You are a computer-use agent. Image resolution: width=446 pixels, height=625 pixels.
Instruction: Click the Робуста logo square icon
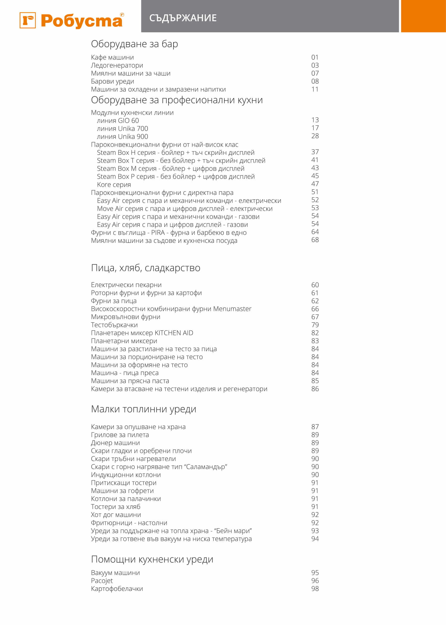28,20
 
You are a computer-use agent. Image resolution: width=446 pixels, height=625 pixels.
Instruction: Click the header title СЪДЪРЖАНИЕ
183,18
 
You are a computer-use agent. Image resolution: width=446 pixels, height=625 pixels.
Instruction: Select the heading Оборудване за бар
134,44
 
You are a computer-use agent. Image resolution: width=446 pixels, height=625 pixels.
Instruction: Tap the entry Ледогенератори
117,65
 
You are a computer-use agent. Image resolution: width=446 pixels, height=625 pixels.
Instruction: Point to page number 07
315,73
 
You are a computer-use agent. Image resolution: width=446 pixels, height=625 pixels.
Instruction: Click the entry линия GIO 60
118,120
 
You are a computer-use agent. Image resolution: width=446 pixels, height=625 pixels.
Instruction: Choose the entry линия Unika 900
122,136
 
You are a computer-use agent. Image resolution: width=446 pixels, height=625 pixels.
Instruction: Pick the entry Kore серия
114,184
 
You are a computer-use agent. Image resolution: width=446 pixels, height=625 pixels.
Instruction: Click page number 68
315,240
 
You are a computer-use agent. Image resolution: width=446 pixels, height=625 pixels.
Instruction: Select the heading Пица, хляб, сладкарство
146,268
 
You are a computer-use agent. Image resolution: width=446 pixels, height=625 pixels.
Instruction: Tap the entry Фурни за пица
114,301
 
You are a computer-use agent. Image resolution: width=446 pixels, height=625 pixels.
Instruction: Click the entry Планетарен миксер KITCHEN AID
142,333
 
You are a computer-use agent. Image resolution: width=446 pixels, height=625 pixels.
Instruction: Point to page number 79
315,325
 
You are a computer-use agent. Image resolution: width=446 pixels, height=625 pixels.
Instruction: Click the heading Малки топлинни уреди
144,409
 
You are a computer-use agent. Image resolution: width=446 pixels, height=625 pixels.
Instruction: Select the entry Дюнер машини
115,443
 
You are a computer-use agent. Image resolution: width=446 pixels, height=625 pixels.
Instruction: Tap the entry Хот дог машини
116,515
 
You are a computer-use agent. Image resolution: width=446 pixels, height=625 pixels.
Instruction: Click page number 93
315,531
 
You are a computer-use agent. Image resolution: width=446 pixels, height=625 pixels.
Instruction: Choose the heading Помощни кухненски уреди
152,559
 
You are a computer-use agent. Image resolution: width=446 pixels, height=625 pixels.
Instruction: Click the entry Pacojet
102,580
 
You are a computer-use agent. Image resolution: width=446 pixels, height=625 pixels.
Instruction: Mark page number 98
315,589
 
